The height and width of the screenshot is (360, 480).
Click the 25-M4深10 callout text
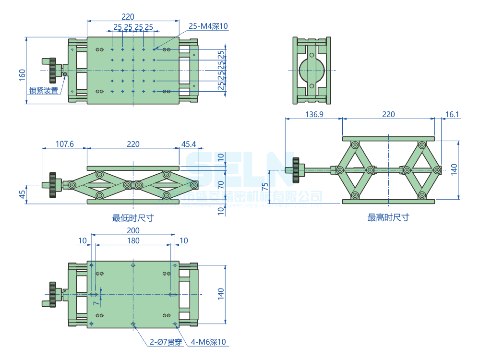tap(208, 26)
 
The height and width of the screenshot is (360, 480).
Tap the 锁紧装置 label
tap(44, 90)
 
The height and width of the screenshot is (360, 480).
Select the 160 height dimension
tap(22, 74)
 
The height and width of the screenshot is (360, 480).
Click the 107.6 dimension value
tap(65, 144)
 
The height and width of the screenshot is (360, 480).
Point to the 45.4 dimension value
tap(189, 144)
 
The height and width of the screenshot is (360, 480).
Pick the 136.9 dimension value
tap(314, 114)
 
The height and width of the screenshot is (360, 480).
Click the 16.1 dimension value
tap(453, 114)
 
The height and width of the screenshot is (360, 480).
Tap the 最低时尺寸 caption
tap(133, 218)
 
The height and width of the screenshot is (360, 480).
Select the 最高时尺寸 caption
tap(388, 218)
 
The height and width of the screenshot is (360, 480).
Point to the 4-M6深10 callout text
tap(208, 342)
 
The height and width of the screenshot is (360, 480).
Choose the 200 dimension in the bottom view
tap(133, 231)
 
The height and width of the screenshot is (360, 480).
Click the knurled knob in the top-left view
tap(52, 70)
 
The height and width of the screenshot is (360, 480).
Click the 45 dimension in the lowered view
tap(22, 194)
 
